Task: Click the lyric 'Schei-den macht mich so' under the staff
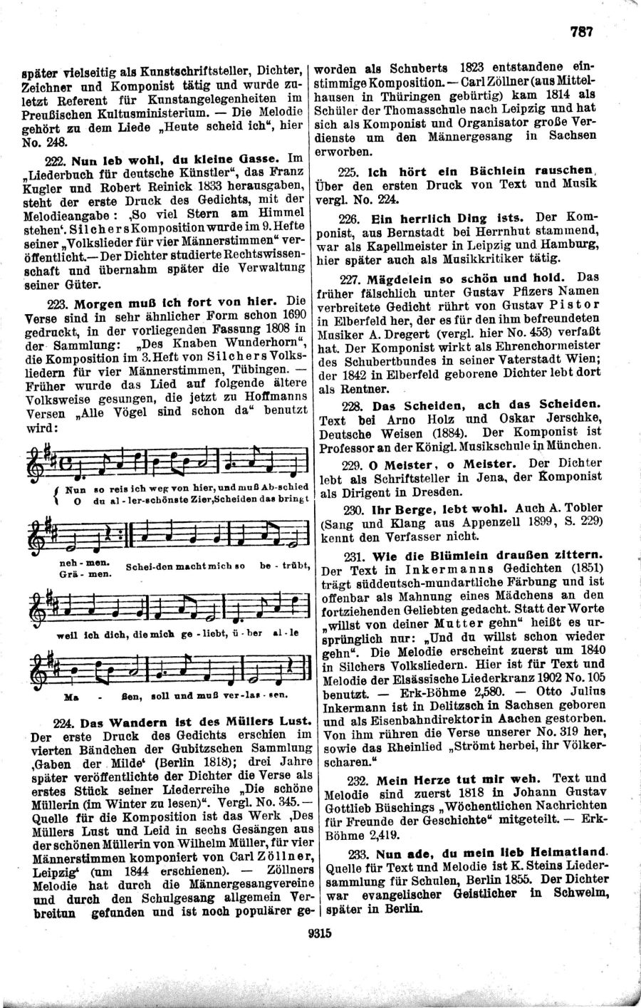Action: (184, 567)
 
